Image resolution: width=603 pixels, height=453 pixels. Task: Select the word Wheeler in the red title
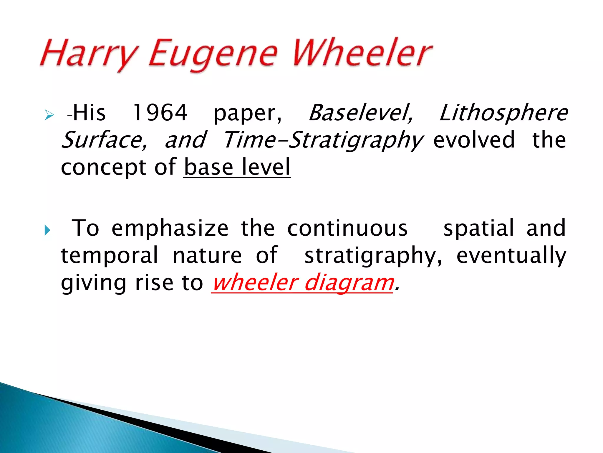point(362,53)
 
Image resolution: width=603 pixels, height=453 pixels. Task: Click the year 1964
point(160,113)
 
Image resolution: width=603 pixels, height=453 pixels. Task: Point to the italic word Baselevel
point(361,113)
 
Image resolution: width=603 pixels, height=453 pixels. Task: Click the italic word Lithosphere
point(503,113)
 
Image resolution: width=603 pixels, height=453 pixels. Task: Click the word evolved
point(474,140)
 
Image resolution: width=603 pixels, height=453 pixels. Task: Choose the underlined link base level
point(237,167)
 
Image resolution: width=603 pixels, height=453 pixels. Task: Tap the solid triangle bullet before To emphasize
point(47,230)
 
